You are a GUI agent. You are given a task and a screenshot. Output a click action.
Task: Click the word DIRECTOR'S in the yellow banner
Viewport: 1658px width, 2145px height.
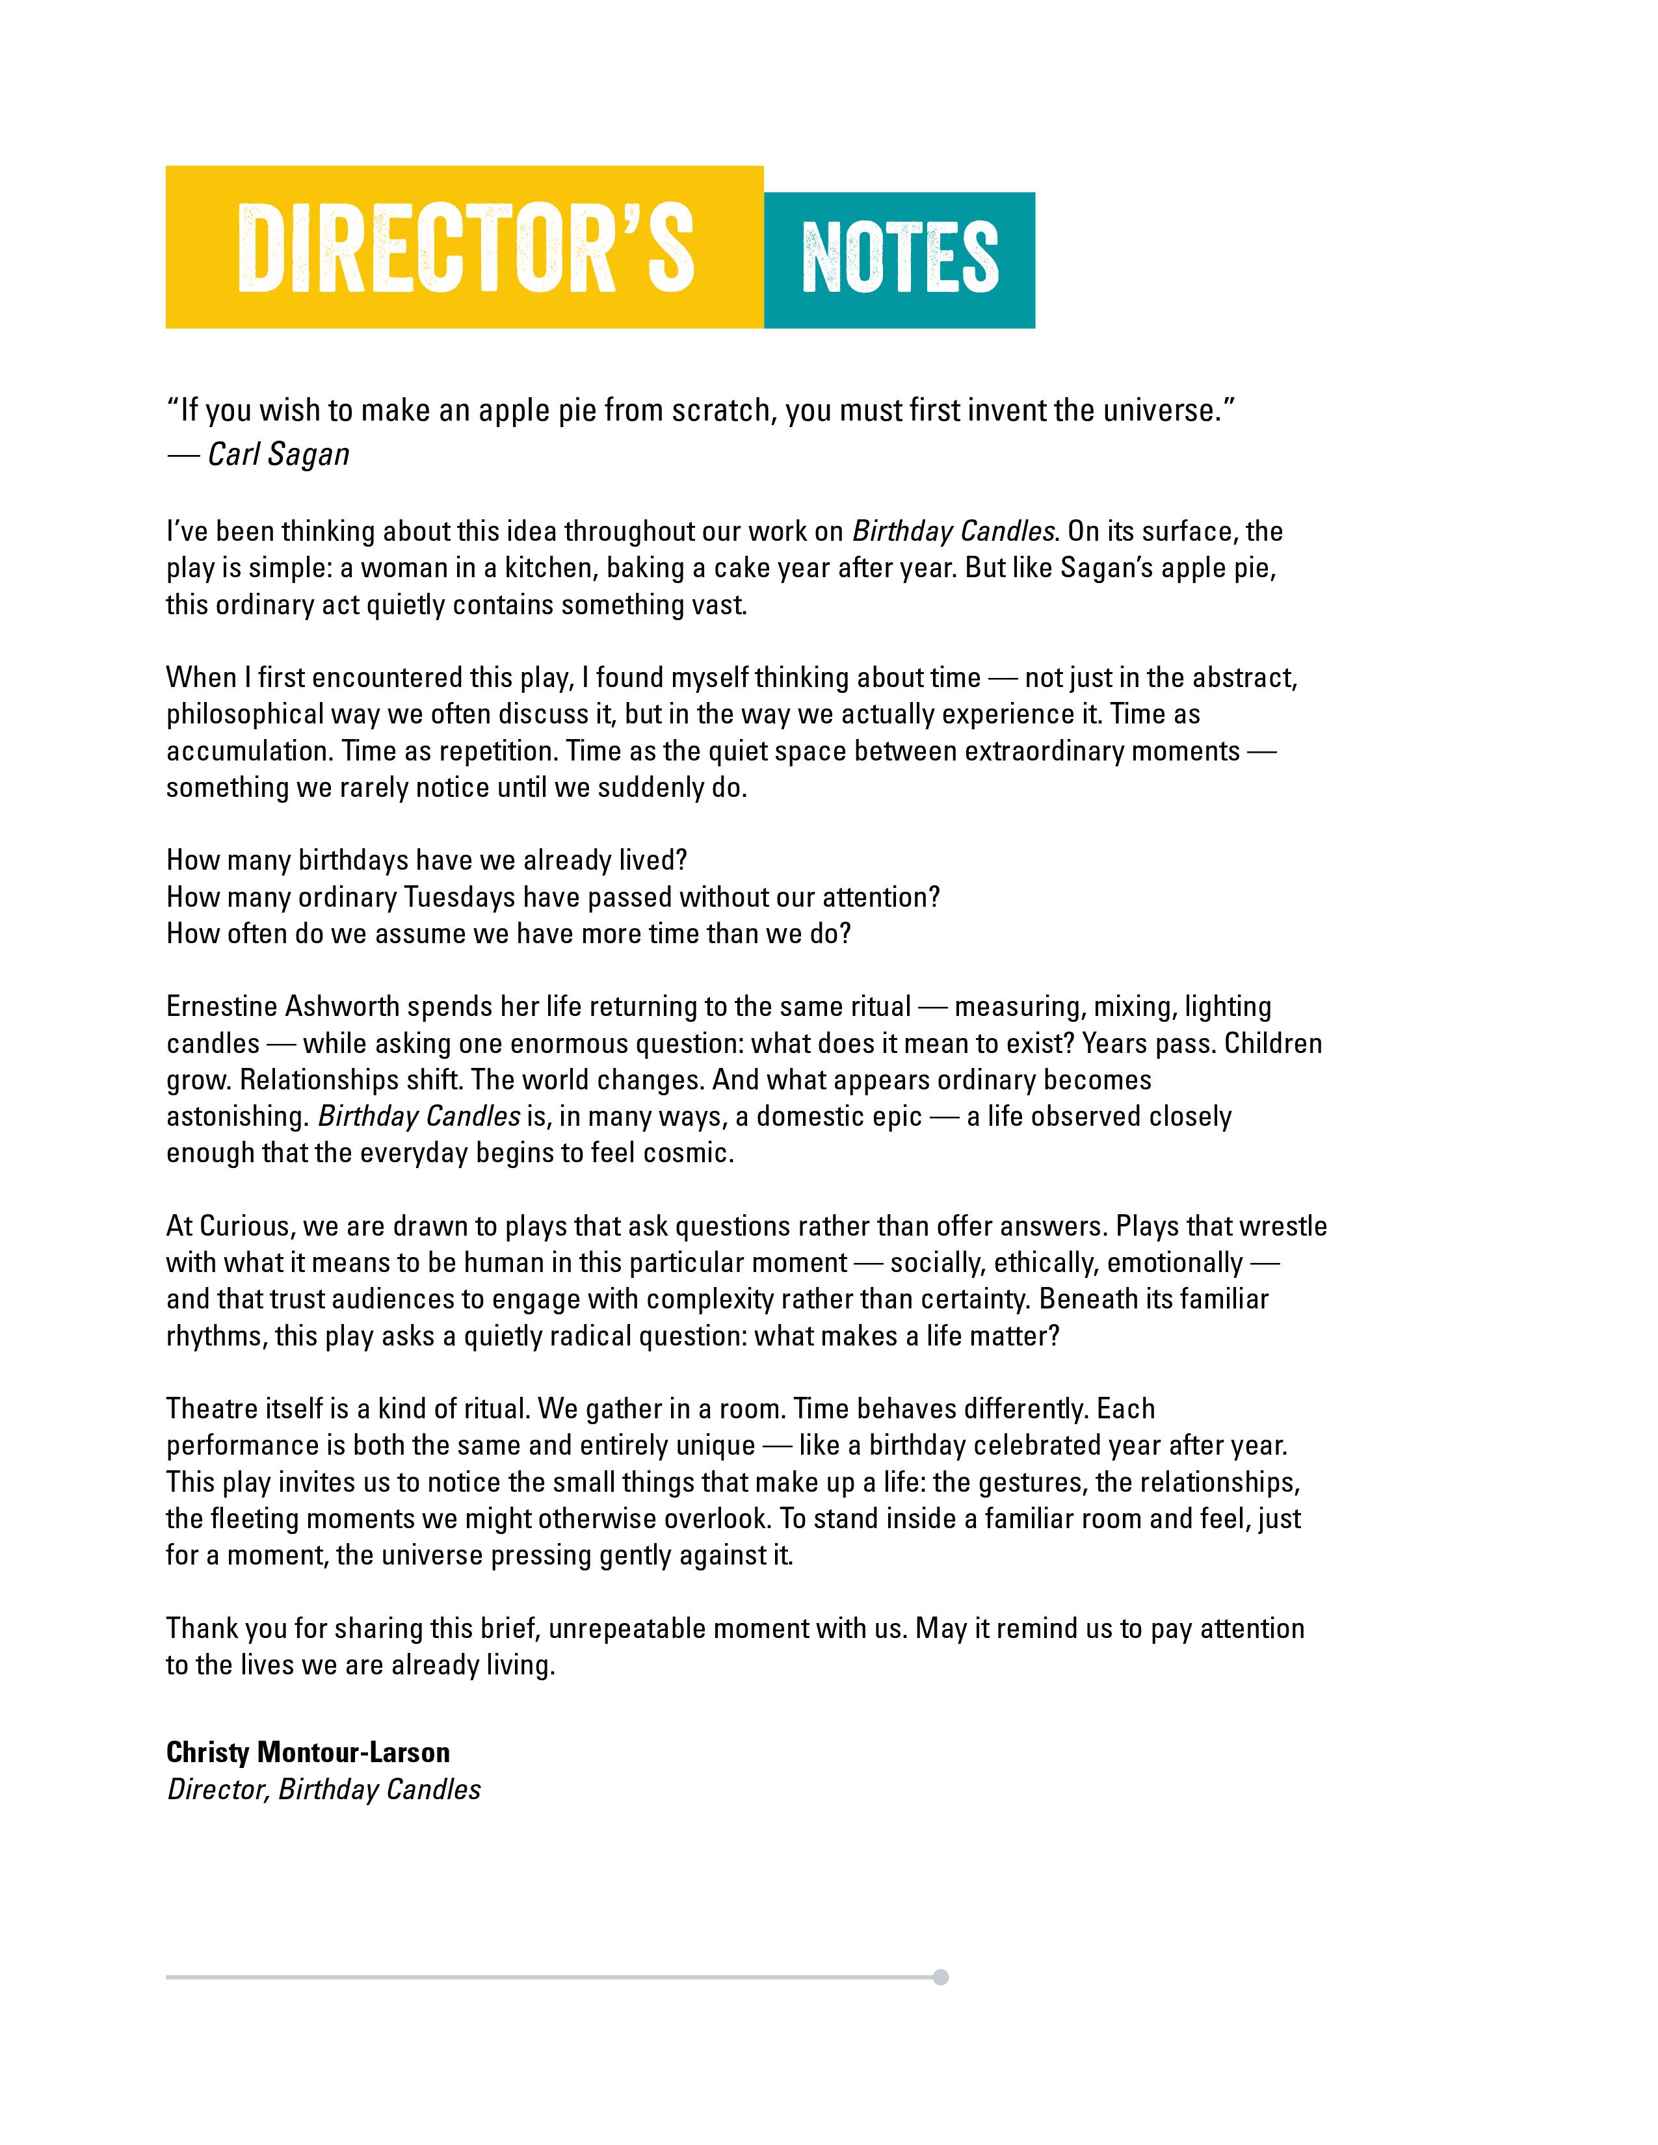(x=465, y=248)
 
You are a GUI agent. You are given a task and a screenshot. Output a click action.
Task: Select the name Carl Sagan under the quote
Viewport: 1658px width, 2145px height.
(x=279, y=455)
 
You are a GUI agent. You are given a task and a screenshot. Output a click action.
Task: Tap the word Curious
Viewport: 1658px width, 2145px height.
(x=244, y=1226)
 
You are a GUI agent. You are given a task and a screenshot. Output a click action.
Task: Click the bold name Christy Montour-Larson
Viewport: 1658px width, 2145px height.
(x=308, y=1752)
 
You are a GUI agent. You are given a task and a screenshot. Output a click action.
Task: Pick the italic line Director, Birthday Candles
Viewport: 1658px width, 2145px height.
(x=323, y=1789)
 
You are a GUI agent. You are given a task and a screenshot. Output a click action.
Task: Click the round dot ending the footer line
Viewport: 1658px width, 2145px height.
(x=940, y=1977)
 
